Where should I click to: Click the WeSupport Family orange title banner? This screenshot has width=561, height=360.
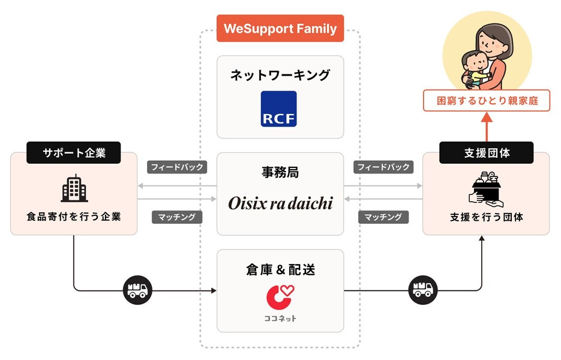coord(280,28)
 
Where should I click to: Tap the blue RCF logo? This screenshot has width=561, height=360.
coord(279,109)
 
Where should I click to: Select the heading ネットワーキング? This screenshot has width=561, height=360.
coord(280,76)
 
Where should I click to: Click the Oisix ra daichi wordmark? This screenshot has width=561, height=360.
coord(280,203)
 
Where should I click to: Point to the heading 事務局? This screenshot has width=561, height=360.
coord(280,173)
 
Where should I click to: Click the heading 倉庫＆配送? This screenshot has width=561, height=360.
coord(280,269)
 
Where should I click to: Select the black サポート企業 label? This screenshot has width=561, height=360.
coord(74,153)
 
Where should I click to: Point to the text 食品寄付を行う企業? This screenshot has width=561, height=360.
coord(74,217)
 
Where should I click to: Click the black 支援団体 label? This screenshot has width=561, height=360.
coord(486,153)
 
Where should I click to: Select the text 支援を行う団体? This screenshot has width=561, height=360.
coord(486,217)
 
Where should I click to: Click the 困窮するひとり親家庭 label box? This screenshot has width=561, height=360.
coord(486,101)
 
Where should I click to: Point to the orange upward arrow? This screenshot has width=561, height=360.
coord(486,127)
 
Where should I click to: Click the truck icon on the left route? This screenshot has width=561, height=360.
coord(137,291)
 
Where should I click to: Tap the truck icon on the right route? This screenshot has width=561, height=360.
coord(422,291)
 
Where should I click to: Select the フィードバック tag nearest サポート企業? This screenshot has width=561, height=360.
coord(177,167)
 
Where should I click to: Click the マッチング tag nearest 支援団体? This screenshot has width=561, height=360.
coord(384,217)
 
